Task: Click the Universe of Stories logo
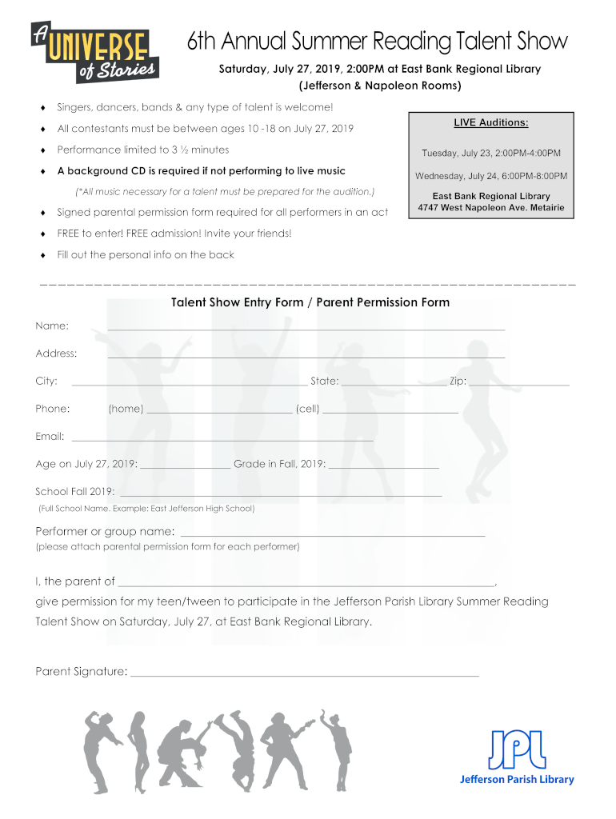94,51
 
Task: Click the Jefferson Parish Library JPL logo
516,756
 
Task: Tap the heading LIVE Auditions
491,122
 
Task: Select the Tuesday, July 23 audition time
491,153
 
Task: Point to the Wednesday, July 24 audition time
491,176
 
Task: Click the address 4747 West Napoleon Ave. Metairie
491,208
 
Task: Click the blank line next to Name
306,328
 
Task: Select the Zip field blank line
519,384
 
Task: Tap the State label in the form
324,382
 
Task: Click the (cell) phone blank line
390,411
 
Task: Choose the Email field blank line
222,439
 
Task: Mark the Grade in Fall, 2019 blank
384,466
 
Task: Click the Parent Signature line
304,675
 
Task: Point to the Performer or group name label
105,532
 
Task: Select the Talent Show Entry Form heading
310,302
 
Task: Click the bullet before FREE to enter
42,234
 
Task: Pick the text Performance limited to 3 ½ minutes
143,150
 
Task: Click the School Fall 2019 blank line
280,495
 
